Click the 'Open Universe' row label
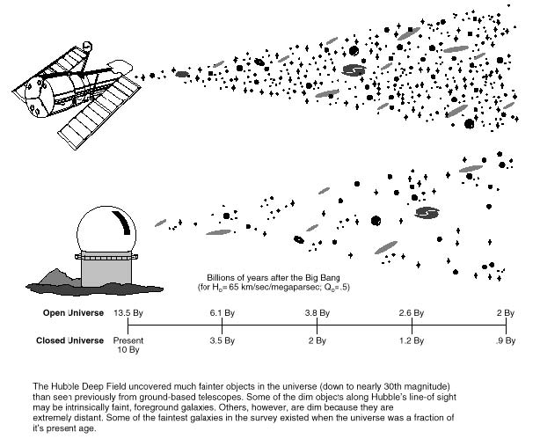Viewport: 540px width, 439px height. (73, 313)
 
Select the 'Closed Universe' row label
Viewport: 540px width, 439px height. (69, 340)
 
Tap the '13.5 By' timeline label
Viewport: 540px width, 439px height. (128, 313)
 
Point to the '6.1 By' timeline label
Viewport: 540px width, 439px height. (223, 313)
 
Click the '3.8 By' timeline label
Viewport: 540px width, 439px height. (317, 313)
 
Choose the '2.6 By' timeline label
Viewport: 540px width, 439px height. (412, 313)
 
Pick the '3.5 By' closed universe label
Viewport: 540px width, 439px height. (223, 340)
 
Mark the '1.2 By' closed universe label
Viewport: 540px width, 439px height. (412, 340)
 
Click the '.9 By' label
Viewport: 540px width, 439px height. (505, 340)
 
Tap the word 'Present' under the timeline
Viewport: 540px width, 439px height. (128, 340)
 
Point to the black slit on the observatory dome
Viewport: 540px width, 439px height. (122, 222)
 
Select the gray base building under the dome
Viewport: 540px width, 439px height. (106, 272)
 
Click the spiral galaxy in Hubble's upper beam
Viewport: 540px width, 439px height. (354, 70)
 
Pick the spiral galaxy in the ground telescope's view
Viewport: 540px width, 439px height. (427, 213)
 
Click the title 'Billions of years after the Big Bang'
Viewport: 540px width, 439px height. (274, 278)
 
